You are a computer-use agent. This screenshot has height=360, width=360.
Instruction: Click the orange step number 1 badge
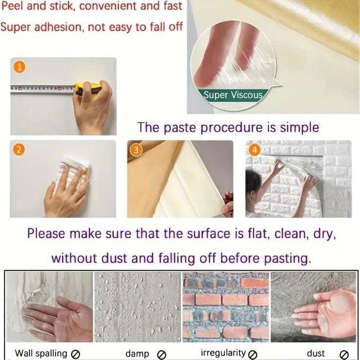[19, 67]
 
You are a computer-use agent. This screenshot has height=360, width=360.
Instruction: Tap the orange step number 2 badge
[19, 150]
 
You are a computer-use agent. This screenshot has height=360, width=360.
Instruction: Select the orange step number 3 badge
[136, 150]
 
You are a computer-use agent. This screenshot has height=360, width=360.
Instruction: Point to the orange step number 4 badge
[254, 150]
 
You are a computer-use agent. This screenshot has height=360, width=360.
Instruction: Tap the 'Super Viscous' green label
[233, 95]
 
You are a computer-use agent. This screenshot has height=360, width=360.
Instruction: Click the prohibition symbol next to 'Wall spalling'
[75, 354]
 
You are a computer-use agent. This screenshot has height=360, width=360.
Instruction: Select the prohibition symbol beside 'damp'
[161, 354]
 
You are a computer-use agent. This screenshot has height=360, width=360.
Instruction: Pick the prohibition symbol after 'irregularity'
[252, 354]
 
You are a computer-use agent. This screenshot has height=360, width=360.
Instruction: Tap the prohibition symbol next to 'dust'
[344, 354]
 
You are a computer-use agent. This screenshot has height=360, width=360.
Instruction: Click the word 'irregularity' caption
[223, 353]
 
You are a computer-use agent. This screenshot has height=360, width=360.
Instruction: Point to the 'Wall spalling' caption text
[41, 354]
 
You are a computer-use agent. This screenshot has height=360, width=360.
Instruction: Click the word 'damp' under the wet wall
[137, 354]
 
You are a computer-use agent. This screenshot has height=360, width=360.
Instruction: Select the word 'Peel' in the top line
[12, 6]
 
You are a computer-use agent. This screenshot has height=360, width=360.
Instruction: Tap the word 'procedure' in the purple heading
[231, 128]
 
